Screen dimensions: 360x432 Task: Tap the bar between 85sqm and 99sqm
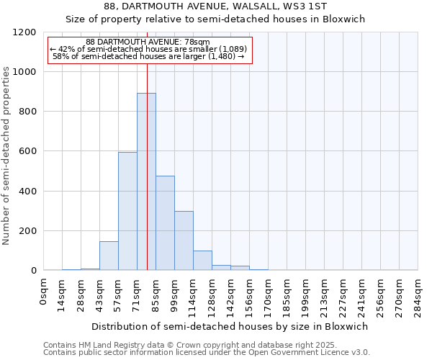pos(165,223)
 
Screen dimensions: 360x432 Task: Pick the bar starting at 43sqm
pos(109,256)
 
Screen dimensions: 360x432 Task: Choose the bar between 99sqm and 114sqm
pos(184,240)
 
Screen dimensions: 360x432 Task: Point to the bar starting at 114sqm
pos(202,261)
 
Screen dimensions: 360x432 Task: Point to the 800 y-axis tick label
pos(28,112)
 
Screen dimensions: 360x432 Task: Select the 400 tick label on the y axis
pos(28,192)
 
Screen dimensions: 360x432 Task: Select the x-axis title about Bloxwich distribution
pos(230,326)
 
